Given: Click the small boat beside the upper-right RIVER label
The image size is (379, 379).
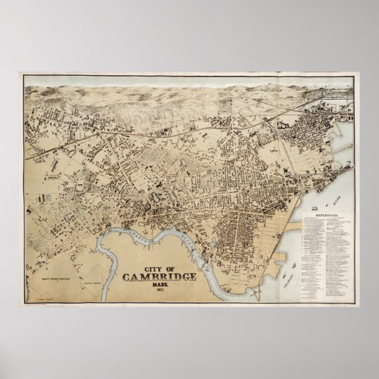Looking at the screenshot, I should (327, 204).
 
